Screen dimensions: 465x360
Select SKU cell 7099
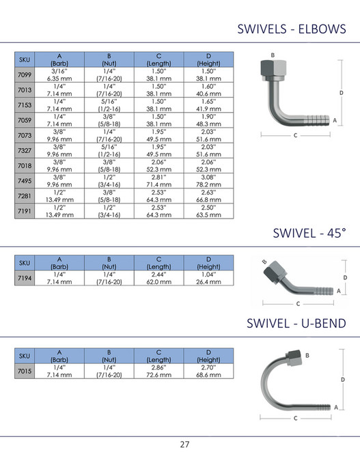pyautogui.click(x=24, y=75)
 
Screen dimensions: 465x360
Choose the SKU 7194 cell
pyautogui.click(x=24, y=278)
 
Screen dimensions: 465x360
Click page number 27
pyautogui.click(x=184, y=445)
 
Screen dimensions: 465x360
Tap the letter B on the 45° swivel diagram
pyautogui.click(x=264, y=261)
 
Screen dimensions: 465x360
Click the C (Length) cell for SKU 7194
pyautogui.click(x=158, y=278)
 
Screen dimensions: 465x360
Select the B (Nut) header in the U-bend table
pyautogui.click(x=109, y=354)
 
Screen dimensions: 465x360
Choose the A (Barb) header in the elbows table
pyautogui.click(x=59, y=59)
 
